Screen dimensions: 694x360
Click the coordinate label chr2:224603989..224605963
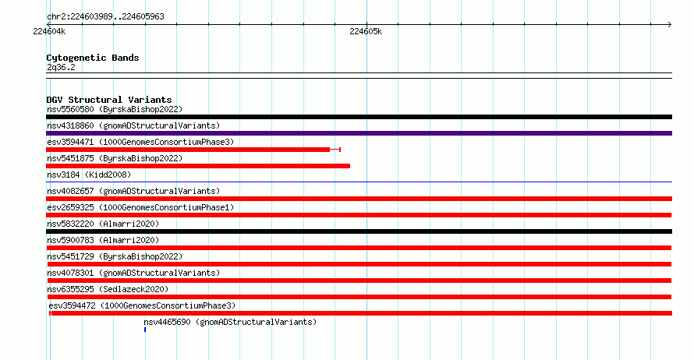pos(105,17)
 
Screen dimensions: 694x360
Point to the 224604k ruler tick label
pos(49,31)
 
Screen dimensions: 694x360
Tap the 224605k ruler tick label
pos(366,31)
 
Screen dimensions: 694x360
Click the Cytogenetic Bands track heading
pos(93,58)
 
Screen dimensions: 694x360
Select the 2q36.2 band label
pos(61,67)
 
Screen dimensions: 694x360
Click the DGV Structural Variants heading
pos(109,100)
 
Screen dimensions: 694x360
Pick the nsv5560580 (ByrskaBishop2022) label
pos(115,109)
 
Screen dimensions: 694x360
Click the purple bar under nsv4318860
pos(359,133)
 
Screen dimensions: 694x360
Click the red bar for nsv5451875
pos(198,166)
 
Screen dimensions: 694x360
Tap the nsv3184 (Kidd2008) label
pos(89,175)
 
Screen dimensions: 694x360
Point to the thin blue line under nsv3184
pos(359,182)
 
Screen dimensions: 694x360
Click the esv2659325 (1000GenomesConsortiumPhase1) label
pos(140,207)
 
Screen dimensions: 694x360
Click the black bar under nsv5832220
pos(359,231)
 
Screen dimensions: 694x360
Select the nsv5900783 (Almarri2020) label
pos(103,240)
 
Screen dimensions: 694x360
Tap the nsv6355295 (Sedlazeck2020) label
pos(108,289)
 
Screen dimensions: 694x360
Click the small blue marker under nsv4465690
pos(145,330)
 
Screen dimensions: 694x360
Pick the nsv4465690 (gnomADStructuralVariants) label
pos(230,322)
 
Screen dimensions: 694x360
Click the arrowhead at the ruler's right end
pos(670,25)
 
